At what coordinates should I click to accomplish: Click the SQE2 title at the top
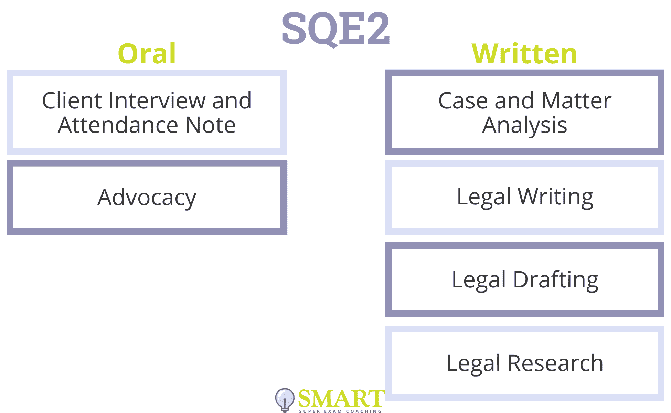click(336, 29)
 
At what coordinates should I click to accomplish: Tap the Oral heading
click(147, 54)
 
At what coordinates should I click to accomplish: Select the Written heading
click(524, 54)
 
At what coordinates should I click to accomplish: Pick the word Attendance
click(118, 125)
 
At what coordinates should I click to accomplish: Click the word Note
click(211, 125)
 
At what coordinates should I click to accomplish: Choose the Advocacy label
click(147, 198)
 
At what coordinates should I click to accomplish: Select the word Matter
click(576, 100)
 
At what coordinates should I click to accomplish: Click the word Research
click(555, 363)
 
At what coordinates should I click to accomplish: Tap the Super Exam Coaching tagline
click(340, 411)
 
